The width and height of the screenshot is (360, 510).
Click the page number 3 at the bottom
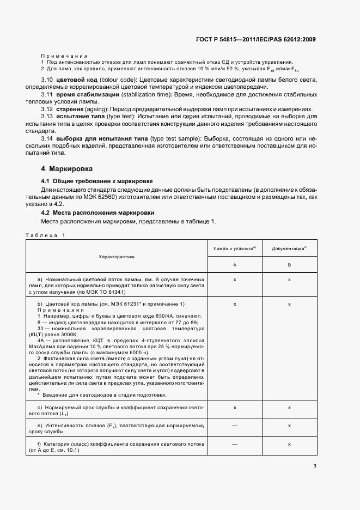coord(315,466)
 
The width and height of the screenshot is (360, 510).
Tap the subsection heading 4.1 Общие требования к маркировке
coord(97,180)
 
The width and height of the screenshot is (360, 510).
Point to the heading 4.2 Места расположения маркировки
coord(97,212)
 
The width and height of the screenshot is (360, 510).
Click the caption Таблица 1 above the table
coord(45,235)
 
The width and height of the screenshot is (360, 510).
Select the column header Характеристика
coord(117,256)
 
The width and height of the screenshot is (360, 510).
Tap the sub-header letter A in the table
coord(235,265)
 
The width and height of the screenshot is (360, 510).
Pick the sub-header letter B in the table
coord(289,265)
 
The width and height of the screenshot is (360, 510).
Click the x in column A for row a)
coord(235,279)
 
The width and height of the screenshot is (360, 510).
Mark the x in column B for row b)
coord(289,303)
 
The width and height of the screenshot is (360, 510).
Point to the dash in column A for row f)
coord(235,445)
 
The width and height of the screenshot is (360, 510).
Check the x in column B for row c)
coord(289,408)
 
